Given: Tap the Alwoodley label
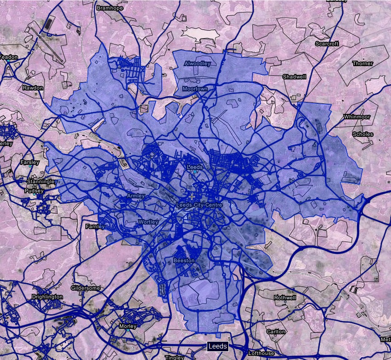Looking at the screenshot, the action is [197, 63].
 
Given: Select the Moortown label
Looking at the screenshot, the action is [195, 89].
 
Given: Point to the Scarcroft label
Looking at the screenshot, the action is [327, 44].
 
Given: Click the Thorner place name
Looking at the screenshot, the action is [363, 63].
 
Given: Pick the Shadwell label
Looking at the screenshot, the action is [294, 77].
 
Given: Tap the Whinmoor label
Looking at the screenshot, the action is [357, 117].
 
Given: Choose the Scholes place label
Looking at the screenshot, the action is [363, 135].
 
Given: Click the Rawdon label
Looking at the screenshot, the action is [33, 88].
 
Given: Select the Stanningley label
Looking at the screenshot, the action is [41, 182].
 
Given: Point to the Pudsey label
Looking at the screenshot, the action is [34, 191].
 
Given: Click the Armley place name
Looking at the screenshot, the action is [136, 196].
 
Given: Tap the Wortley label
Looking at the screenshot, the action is [148, 222].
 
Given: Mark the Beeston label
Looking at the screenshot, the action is [184, 261].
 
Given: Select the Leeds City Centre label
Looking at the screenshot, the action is [199, 205].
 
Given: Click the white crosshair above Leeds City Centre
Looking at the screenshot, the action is [192, 197].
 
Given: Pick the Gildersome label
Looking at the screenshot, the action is [85, 288].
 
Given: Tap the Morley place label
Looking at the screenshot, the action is [128, 326].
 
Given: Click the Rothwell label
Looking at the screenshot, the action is [285, 298].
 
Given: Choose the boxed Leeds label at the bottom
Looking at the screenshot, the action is [217, 346].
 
